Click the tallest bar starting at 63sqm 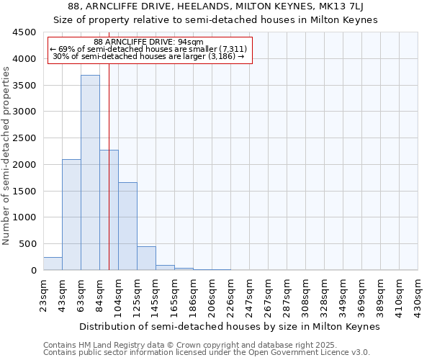(x=90, y=173)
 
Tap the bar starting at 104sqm (x=127, y=226)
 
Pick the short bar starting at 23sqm (x=53, y=264)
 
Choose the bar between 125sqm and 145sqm (x=146, y=258)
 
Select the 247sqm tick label (x=250, y=296)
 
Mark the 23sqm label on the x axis (x=44, y=294)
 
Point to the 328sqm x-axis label (x=325, y=296)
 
